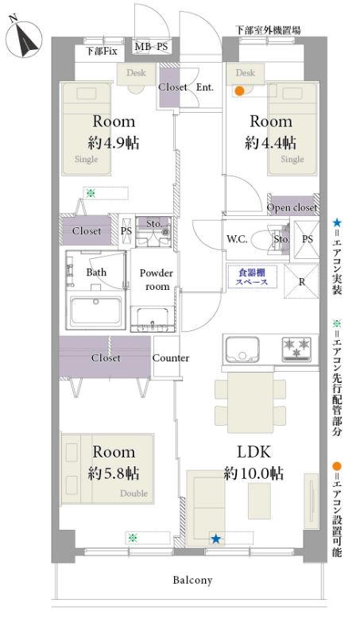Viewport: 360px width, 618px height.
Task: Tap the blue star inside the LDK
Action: (215, 539)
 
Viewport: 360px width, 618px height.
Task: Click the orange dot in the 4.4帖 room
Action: (239, 91)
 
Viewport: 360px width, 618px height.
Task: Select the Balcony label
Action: (192, 580)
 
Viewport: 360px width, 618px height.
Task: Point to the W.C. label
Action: (237, 239)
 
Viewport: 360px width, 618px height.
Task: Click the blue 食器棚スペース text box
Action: (253, 276)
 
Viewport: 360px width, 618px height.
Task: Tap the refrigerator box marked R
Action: (301, 281)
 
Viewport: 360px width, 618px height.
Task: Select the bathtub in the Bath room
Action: (95, 311)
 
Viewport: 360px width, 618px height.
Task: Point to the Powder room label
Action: (157, 280)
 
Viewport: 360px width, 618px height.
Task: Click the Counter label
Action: (171, 358)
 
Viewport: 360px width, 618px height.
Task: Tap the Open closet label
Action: (292, 207)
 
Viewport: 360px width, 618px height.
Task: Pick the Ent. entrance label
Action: (205, 87)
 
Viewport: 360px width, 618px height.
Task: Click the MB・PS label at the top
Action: (151, 47)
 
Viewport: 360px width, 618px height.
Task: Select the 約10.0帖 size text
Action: (254, 473)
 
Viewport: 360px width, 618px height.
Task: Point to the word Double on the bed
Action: (134, 493)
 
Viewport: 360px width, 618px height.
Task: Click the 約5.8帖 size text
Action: (114, 473)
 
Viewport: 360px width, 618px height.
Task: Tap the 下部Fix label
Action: (102, 52)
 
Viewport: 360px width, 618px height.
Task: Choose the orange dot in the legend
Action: (336, 466)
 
